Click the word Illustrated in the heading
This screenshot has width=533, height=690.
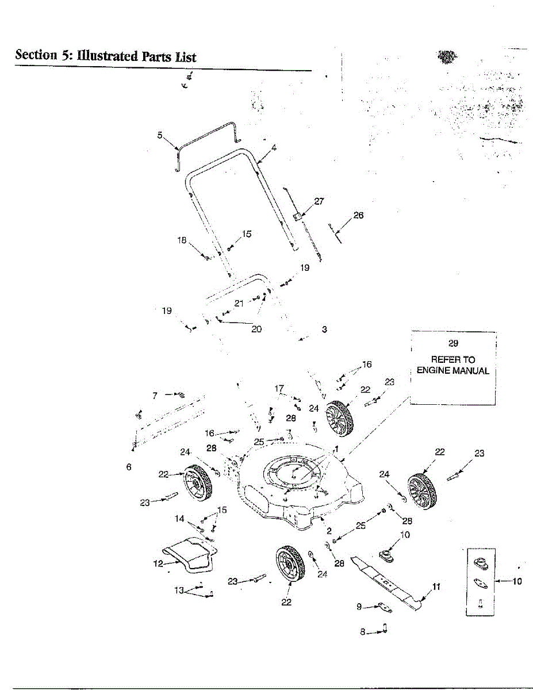click(108, 56)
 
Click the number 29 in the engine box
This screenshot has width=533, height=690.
click(453, 343)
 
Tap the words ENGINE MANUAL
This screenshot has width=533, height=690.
click(453, 370)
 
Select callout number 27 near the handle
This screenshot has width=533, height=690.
click(319, 201)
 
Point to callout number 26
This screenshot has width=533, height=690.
click(358, 215)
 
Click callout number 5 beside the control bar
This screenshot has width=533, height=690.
click(160, 135)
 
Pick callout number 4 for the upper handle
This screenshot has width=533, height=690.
click(274, 148)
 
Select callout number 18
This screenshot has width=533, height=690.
click(182, 240)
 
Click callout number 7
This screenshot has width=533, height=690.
click(155, 396)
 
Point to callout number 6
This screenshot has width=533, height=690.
click(129, 467)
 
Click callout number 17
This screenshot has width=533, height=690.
click(279, 388)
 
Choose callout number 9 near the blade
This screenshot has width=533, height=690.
click(359, 607)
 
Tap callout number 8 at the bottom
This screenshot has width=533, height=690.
click(363, 631)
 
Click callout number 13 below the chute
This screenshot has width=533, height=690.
click(179, 590)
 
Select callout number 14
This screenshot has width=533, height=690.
click(179, 519)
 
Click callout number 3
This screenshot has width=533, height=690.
click(324, 329)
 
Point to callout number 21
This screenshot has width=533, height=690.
click(239, 303)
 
